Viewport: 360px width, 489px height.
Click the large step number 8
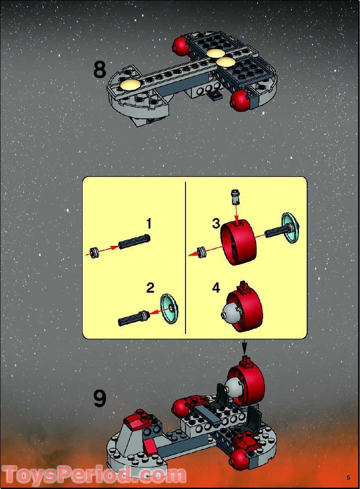tap(100, 70)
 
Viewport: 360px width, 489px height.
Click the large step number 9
tap(100, 398)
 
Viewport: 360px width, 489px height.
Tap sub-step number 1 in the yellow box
tap(148, 224)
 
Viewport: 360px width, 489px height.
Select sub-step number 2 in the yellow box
tap(150, 288)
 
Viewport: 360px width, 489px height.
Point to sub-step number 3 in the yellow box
tap(216, 224)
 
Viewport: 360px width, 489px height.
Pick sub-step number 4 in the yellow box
tap(216, 288)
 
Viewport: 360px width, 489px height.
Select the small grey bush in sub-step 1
tap(95, 252)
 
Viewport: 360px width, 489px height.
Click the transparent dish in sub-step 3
tap(290, 227)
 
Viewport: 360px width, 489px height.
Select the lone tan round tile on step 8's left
tap(129, 83)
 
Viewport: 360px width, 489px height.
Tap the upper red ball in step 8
tap(180, 45)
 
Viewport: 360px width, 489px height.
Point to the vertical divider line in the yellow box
tap(185, 257)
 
